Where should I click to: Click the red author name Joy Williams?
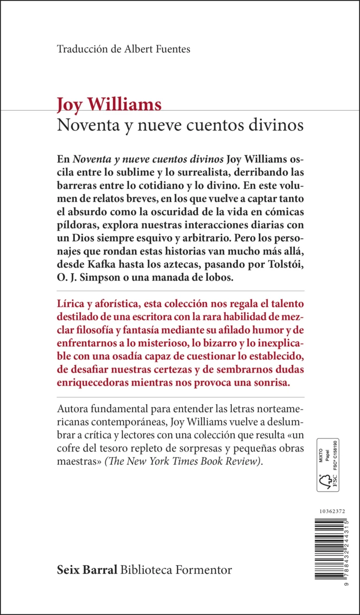tap(109, 105)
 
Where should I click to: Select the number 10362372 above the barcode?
tap(332, 511)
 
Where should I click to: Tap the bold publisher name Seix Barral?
tap(87, 569)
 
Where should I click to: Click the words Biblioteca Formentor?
tap(176, 569)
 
